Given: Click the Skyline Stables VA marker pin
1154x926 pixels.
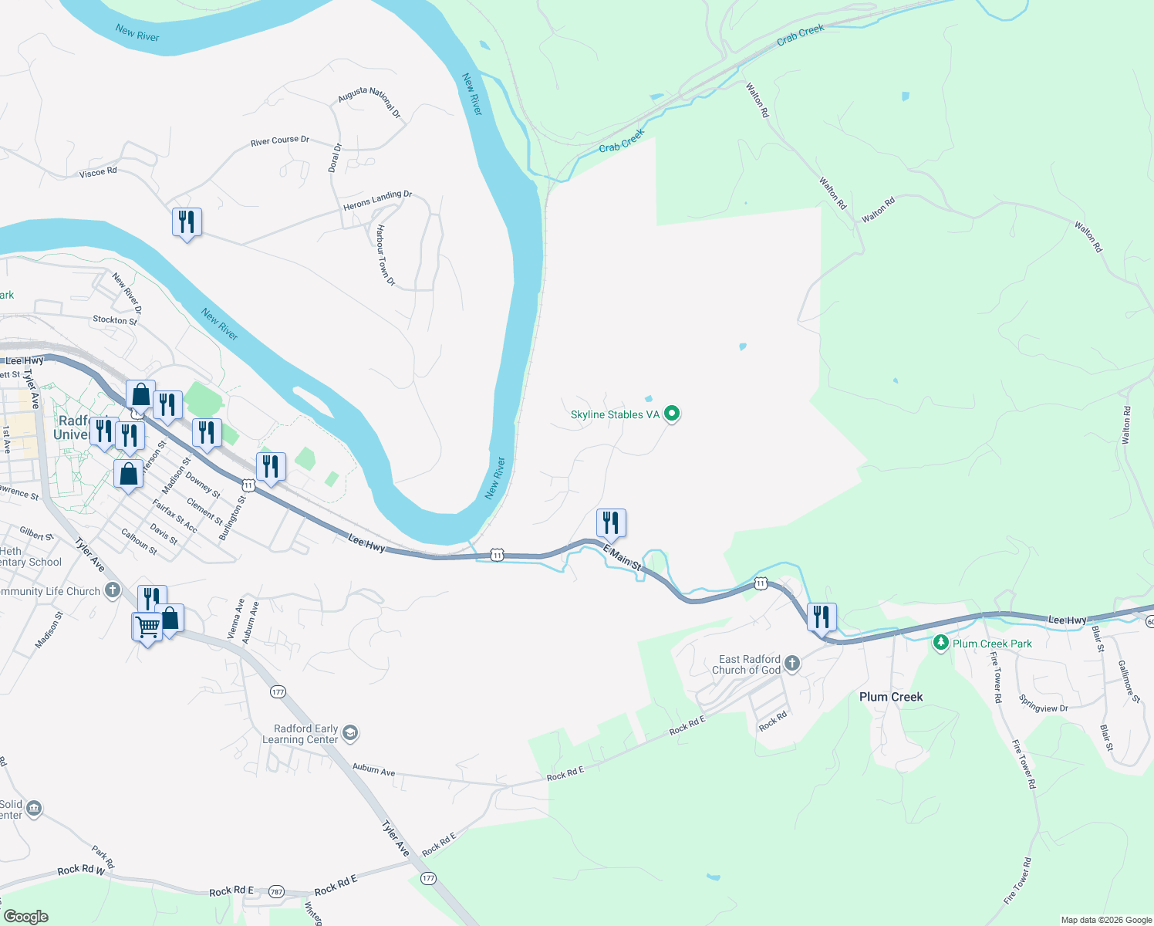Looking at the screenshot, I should click(672, 414).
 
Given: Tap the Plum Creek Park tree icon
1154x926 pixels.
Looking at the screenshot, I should click(940, 643).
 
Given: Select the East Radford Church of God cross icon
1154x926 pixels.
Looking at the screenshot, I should click(792, 664).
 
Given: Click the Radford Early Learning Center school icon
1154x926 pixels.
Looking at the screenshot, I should click(350, 733).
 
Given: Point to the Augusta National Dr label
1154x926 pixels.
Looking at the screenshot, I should click(370, 102).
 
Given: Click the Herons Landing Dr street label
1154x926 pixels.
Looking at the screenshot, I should click(377, 200).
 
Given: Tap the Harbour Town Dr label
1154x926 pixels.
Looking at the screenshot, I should click(386, 255).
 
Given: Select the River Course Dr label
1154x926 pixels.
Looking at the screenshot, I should click(279, 140).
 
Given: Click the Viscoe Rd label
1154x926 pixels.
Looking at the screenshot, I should click(98, 172).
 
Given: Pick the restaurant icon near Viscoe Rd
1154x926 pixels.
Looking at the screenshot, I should click(187, 223).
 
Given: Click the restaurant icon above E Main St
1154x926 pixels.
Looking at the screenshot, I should click(611, 523).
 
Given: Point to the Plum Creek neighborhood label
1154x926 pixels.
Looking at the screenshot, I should click(891, 697).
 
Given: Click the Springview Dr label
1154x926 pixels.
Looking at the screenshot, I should click(1043, 704).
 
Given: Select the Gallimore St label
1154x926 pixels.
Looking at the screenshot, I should click(1129, 681).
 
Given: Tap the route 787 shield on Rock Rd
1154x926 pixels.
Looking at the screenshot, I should click(276, 892).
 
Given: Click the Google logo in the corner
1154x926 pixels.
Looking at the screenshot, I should click(26, 916).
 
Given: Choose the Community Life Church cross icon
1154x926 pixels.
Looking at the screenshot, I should click(113, 591).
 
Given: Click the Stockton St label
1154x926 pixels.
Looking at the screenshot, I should click(115, 319).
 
